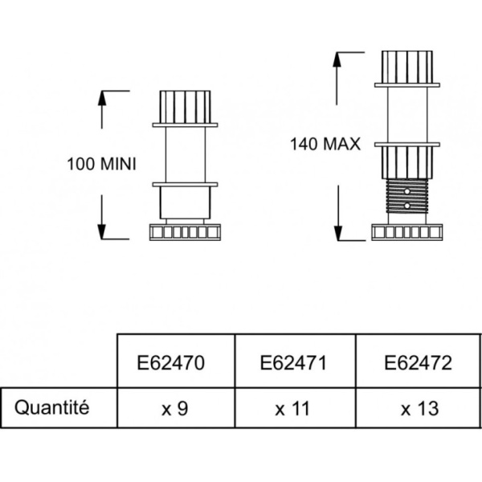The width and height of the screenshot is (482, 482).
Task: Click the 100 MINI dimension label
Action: [x=101, y=164]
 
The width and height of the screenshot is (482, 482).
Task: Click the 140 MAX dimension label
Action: [x=325, y=145]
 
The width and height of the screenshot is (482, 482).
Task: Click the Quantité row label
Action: [x=51, y=407]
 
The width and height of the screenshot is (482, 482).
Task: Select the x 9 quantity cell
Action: [x=174, y=408]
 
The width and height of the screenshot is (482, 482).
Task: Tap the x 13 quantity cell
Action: [x=418, y=408]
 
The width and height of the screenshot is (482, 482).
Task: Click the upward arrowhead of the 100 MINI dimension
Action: [x=103, y=96]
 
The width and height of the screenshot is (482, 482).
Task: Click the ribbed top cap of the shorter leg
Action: [x=186, y=106]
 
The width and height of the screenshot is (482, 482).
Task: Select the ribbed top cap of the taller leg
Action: [x=408, y=67]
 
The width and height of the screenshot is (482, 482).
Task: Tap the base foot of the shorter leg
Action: [x=185, y=232]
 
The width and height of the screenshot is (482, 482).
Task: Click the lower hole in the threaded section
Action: [x=408, y=206]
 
